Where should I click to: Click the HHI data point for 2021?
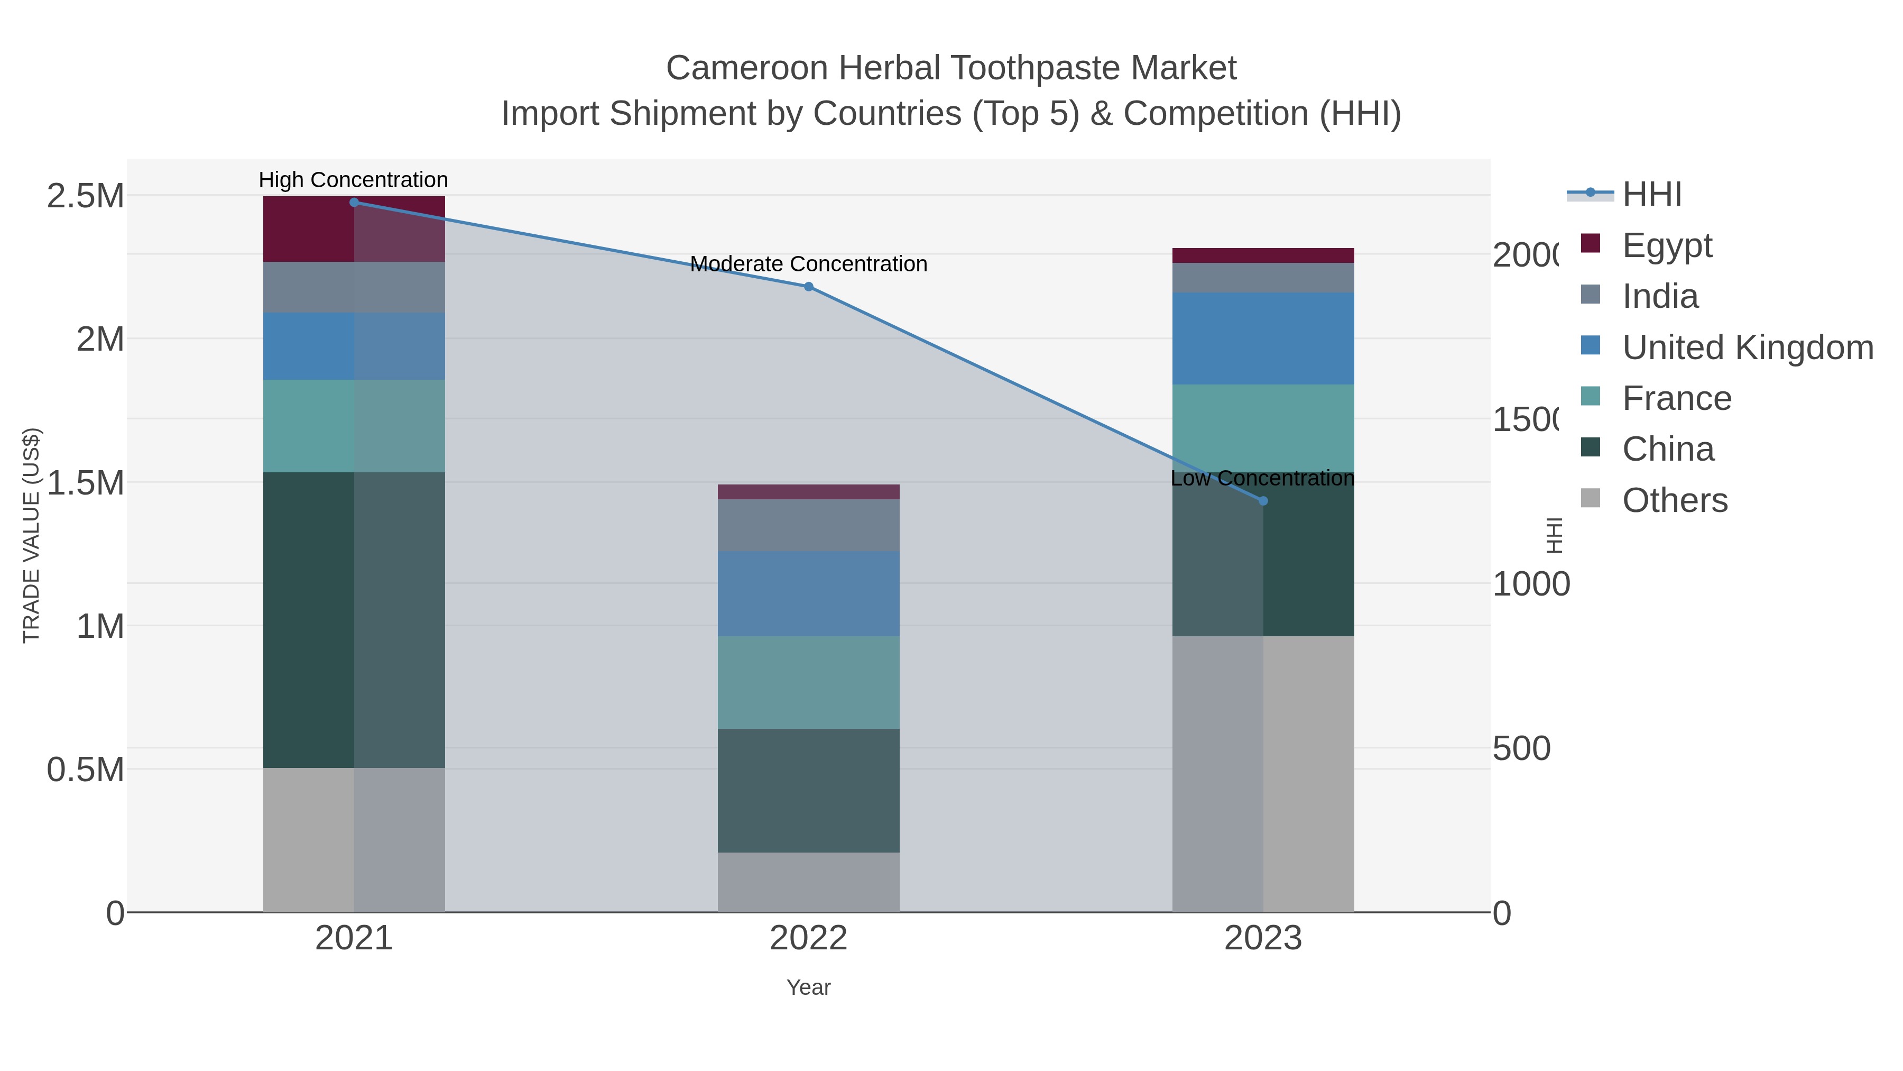pyautogui.click(x=354, y=203)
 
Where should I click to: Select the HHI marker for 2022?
pyautogui.click(x=808, y=287)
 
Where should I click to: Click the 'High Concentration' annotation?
pyautogui.click(x=353, y=180)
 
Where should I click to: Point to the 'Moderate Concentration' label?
pyautogui.click(x=808, y=264)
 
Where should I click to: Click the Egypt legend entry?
pyautogui.click(x=1667, y=245)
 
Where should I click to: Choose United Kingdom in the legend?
pyautogui.click(x=1747, y=347)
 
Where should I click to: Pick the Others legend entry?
pyautogui.click(x=1675, y=500)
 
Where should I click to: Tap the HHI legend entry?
pyautogui.click(x=1652, y=195)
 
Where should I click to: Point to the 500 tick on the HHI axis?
pyautogui.click(x=1521, y=749)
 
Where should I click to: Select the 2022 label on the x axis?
pyautogui.click(x=808, y=939)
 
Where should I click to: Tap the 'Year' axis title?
pyautogui.click(x=808, y=987)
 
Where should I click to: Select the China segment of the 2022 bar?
pyautogui.click(x=808, y=790)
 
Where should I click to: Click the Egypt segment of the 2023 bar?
pyautogui.click(x=1262, y=256)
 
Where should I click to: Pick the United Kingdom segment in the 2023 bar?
pyautogui.click(x=1262, y=338)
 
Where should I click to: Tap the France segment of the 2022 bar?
pyautogui.click(x=808, y=682)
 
